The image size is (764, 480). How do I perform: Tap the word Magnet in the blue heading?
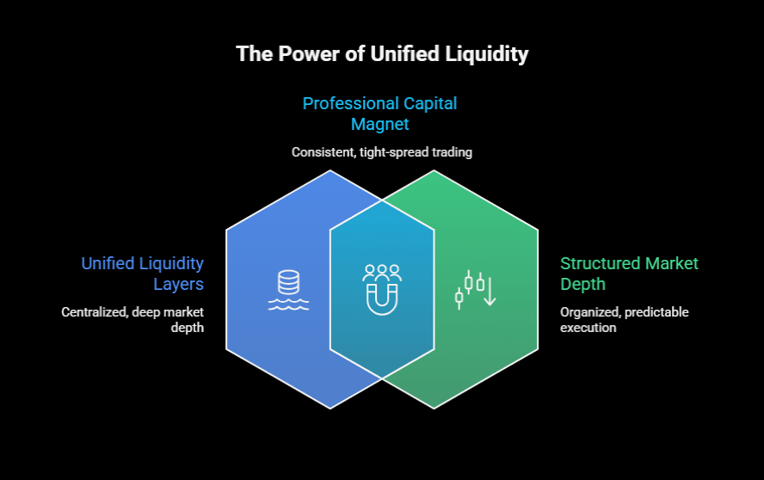(379, 124)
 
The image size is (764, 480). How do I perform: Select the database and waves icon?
(288, 290)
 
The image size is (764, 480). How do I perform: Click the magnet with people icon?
(382, 290)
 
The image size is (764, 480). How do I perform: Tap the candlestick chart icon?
(476, 290)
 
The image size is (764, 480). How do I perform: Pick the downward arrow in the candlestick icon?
(489, 292)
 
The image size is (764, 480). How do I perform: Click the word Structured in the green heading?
(595, 263)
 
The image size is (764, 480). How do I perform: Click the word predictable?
(657, 312)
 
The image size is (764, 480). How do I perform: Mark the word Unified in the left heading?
(108, 263)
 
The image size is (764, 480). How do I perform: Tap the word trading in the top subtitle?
(453, 152)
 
